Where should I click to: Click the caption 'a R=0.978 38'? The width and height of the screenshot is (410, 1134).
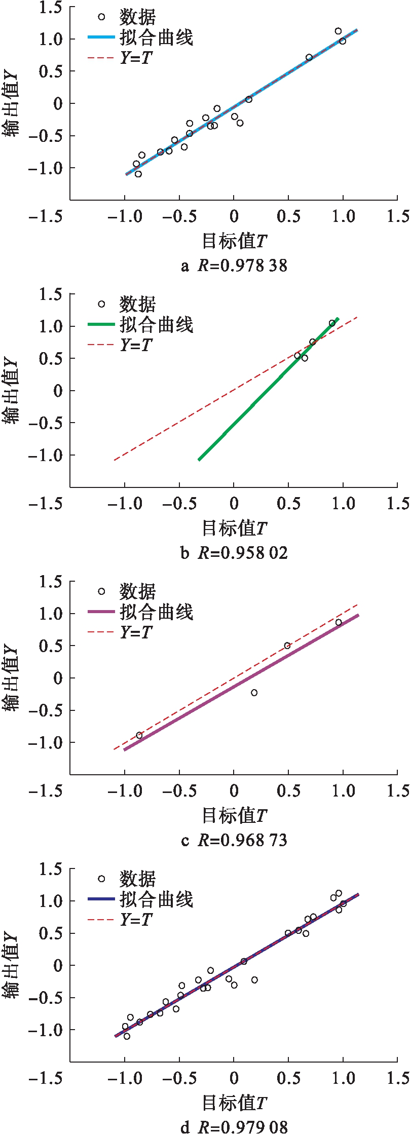[234, 266]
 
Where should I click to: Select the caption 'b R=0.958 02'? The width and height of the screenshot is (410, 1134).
[234, 552]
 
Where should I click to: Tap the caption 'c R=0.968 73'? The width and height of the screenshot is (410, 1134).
[234, 840]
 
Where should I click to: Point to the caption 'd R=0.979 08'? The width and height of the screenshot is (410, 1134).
[234, 1126]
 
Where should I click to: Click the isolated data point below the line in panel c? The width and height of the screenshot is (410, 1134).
[254, 693]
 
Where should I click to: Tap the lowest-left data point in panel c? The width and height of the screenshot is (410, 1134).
[139, 735]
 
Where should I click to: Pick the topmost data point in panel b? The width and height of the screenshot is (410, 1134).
[332, 323]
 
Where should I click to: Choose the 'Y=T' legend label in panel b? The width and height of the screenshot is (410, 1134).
[136, 345]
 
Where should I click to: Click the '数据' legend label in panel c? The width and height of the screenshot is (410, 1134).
[137, 592]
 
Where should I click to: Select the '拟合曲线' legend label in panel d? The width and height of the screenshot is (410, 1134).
[156, 899]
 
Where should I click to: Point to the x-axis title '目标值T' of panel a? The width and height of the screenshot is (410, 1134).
[234, 241]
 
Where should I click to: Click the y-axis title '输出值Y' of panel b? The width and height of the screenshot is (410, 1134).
[11, 391]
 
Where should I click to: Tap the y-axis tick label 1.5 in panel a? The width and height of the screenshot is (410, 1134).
[51, 7]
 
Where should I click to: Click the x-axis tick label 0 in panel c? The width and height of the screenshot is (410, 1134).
[234, 790]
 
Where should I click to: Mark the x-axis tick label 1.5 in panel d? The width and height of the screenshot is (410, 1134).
[398, 1078]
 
